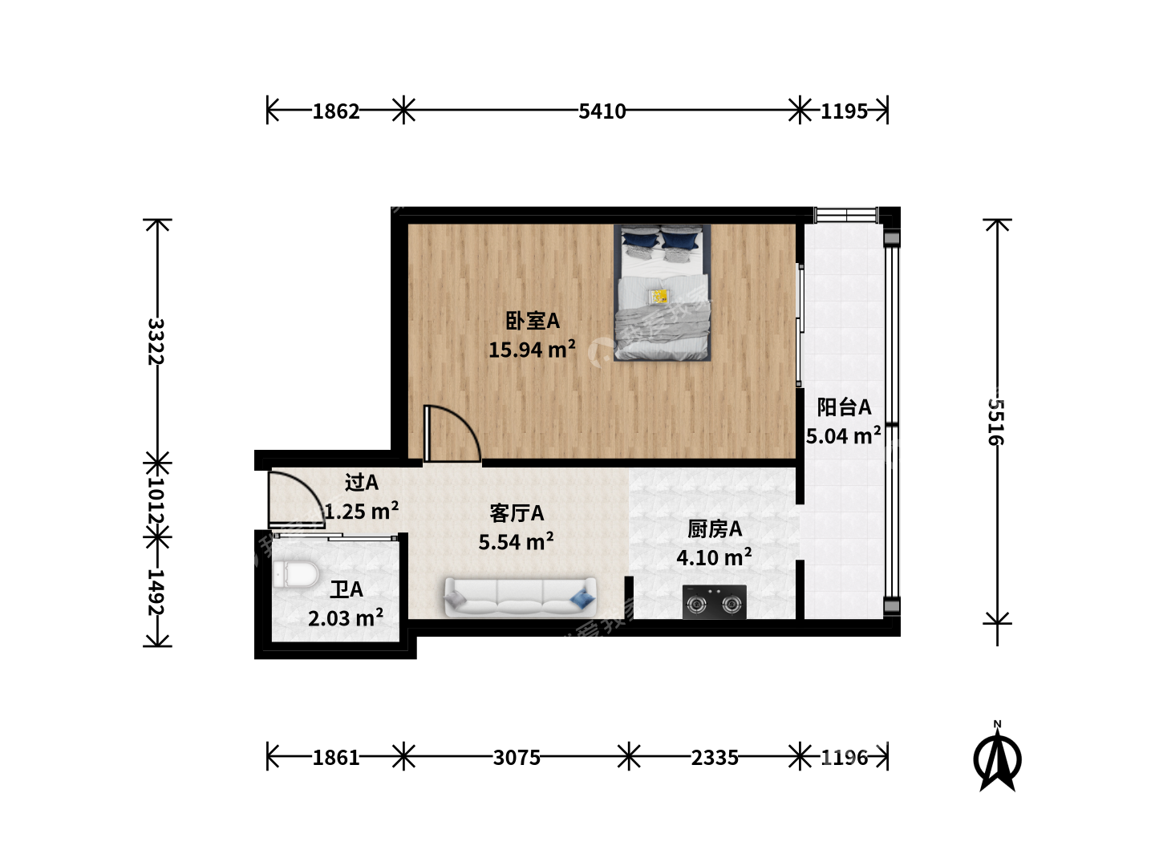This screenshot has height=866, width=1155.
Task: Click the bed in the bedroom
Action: (662, 293)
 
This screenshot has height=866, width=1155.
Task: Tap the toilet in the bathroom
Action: (296, 573)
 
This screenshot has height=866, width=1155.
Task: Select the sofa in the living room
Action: (521, 597)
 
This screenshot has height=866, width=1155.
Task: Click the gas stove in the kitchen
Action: (714, 602)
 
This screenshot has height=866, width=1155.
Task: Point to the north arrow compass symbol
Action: (997, 758)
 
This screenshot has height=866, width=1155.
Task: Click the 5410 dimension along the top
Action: (602, 111)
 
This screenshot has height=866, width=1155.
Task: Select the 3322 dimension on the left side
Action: (156, 342)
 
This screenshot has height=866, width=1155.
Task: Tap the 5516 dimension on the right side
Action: (996, 422)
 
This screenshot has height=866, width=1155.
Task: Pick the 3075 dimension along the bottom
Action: (517, 758)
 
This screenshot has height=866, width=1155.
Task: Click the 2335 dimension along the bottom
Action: (714, 758)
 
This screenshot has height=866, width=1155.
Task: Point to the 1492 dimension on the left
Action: (156, 592)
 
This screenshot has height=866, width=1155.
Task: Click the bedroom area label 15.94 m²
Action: (532, 350)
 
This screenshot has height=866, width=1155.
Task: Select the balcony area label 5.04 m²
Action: (844, 436)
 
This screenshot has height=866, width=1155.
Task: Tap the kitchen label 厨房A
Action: (714, 529)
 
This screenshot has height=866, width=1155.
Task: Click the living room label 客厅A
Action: (517, 513)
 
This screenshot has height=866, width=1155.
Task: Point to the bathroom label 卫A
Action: (346, 590)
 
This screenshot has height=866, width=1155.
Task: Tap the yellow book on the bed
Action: (659, 297)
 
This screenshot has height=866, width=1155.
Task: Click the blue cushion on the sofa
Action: (582, 599)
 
